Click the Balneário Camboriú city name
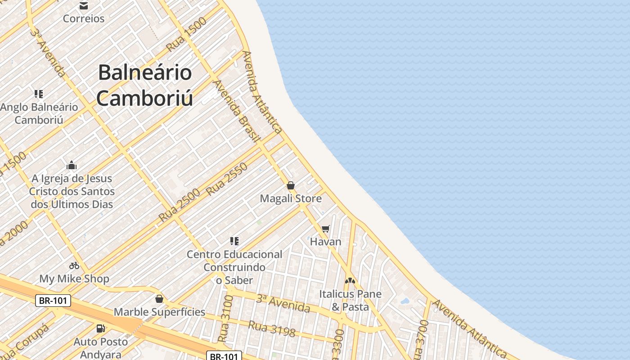[145, 85]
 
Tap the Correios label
[84, 18]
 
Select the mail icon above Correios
[83, 6]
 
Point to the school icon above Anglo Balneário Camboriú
[39, 94]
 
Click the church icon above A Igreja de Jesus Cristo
[72, 166]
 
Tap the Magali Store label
[291, 198]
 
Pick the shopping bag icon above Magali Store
[291, 185]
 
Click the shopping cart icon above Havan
[326, 229]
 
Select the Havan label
[326, 242]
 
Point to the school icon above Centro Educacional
[234, 241]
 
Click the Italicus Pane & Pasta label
[350, 300]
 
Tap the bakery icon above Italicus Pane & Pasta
[350, 280]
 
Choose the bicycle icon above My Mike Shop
[74, 265]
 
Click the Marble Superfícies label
[159, 312]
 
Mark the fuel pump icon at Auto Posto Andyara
[101, 328]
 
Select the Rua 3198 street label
[272, 329]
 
